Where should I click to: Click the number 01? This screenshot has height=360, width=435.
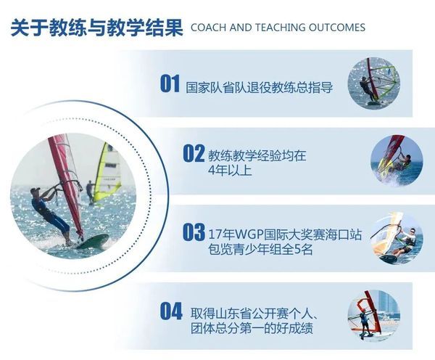click(170, 83)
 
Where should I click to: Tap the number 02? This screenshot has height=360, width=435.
click(194, 153)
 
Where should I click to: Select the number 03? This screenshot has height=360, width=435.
click(194, 232)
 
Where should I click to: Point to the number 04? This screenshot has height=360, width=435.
click(171, 311)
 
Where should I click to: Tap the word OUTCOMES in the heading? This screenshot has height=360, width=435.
click(337, 28)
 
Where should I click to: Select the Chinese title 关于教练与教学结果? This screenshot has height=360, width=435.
click(97, 28)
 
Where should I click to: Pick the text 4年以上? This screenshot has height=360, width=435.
click(230, 170)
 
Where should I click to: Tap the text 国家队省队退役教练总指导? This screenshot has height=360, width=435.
click(259, 87)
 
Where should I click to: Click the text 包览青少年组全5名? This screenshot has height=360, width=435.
click(260, 250)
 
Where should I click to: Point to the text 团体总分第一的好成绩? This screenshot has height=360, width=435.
click(252, 328)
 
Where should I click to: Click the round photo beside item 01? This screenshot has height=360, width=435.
click(373, 83)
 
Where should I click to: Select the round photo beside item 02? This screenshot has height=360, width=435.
click(397, 161)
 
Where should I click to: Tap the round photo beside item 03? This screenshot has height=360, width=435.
click(397, 238)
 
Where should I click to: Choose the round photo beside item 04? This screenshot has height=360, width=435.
click(373, 316)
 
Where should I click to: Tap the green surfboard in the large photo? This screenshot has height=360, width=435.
click(92, 241)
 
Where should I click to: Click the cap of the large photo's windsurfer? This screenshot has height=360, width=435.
click(34, 191)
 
